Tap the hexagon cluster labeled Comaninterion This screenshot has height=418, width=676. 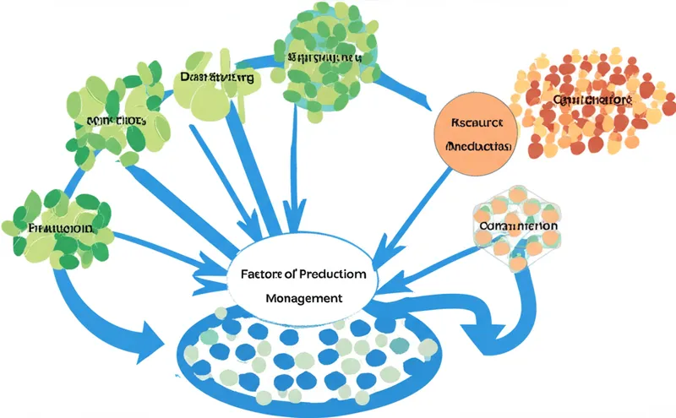[x=515, y=228]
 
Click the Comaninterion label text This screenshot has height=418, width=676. [x=515, y=226]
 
